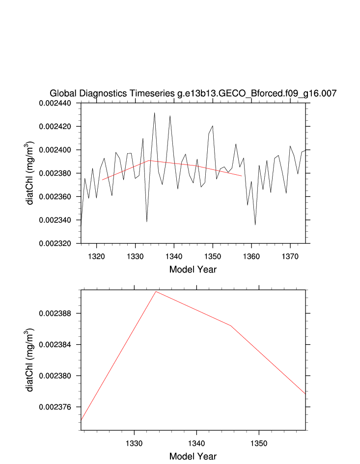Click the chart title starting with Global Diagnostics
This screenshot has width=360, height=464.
coord(193,94)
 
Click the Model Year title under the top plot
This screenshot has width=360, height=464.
coord(193,270)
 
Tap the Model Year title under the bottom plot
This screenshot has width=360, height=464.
coord(193,457)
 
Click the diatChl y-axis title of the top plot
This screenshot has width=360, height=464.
coord(30,173)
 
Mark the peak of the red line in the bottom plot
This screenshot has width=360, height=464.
coord(156,292)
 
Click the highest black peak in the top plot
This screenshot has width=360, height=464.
coord(154,113)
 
